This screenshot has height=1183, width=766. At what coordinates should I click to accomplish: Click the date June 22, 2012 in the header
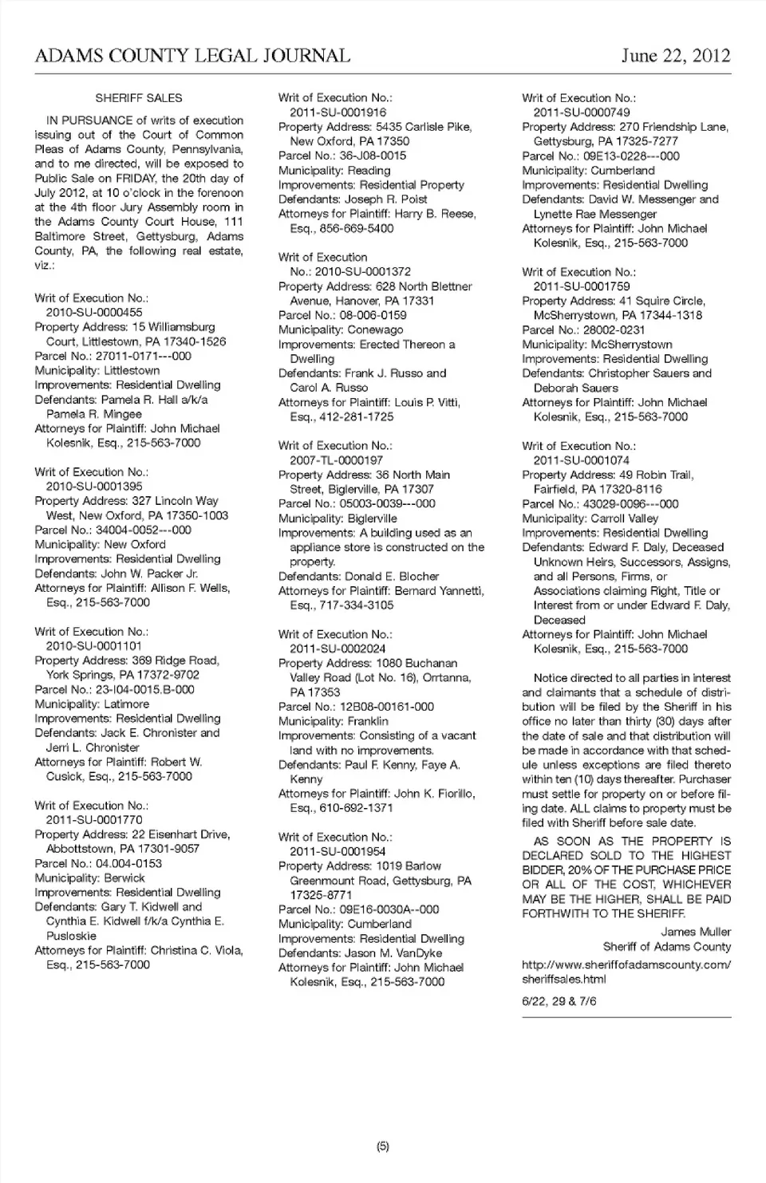[676, 56]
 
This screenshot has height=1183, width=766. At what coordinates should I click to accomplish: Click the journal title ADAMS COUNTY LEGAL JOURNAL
[192, 56]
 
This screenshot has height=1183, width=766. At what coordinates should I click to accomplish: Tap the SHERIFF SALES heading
[139, 98]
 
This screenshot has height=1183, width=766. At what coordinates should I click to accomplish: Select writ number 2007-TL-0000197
[336, 460]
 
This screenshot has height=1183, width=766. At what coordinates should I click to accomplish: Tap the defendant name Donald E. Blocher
[392, 576]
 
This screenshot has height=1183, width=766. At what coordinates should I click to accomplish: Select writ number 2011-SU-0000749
[582, 112]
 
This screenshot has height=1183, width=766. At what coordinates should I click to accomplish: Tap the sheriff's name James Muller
[696, 932]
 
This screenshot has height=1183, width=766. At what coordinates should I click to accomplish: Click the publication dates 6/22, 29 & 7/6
[559, 1001]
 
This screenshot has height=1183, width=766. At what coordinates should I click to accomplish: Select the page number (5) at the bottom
[382, 1146]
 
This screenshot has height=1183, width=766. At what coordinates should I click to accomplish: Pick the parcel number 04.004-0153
[128, 863]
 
